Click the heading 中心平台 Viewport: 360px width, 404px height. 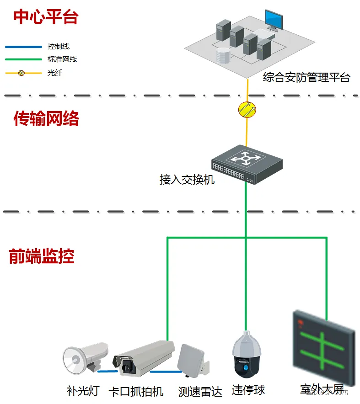coord(46,17)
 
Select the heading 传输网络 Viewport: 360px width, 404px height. coord(46,119)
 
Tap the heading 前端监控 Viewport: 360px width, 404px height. coord(42,256)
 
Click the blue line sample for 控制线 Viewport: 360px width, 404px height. coord(23,47)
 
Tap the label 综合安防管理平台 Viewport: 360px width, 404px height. coord(306,78)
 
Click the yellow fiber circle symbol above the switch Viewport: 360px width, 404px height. coord(247,109)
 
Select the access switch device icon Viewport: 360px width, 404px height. coord(247,164)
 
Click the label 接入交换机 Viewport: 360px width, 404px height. coord(187,180)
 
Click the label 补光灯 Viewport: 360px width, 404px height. coord(83,391)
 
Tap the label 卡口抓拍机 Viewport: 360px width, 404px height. coord(135,392)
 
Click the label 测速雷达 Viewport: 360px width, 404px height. coord(200,392)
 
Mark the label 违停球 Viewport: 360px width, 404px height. coord(248,390)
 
